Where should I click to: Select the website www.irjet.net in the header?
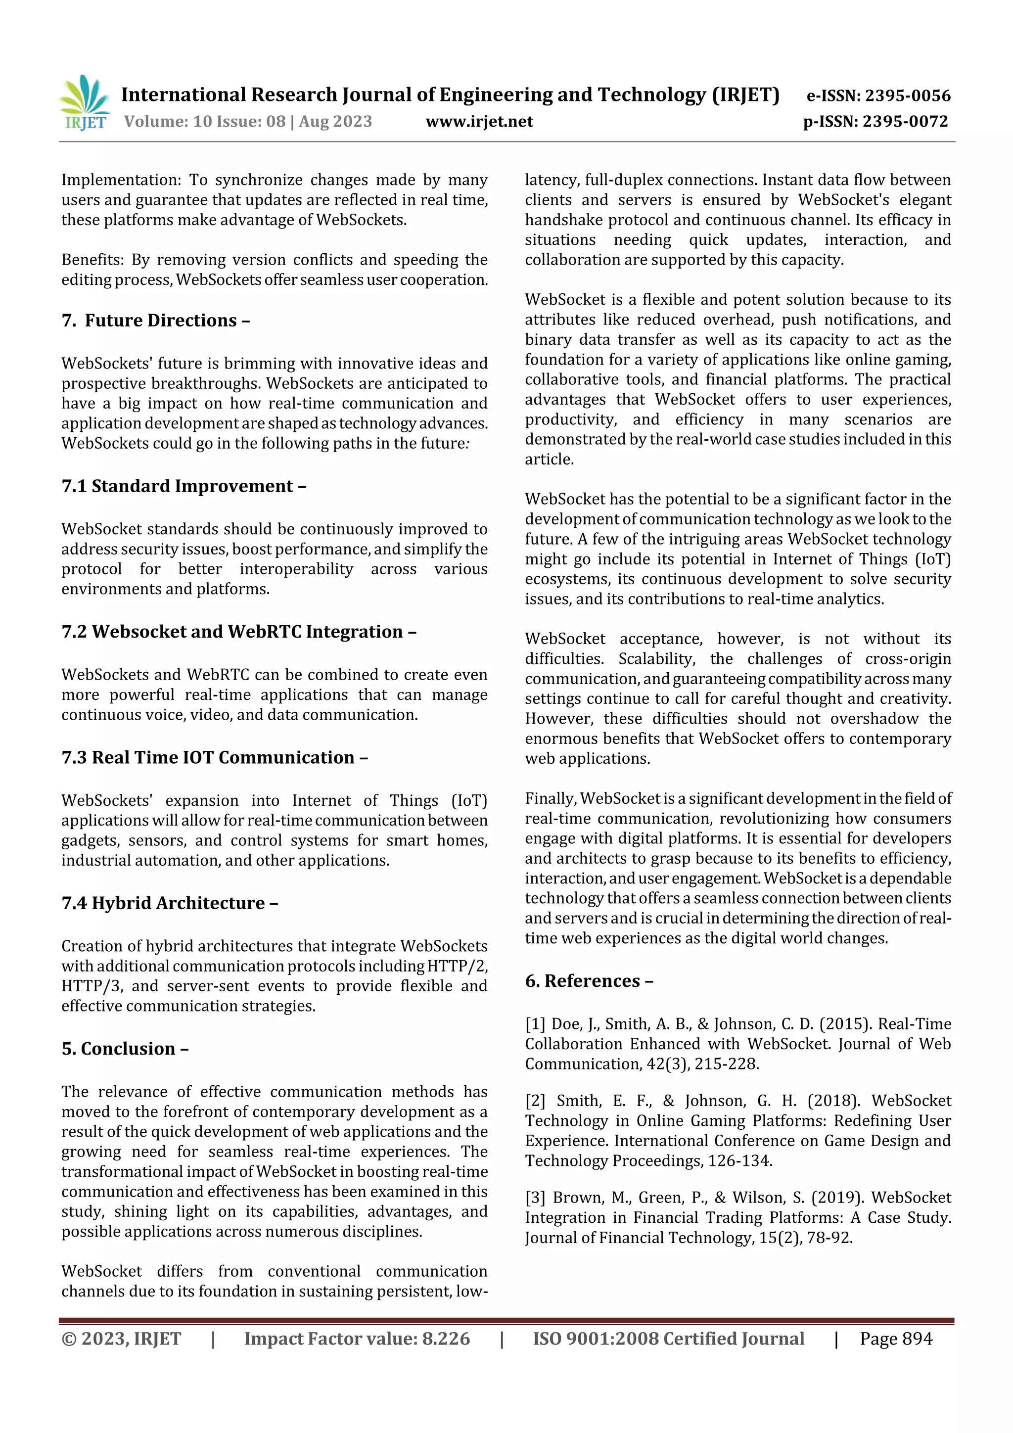pos(479,121)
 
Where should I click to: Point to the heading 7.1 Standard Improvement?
pos(184,486)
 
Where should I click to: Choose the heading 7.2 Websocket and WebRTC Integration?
pos(238,632)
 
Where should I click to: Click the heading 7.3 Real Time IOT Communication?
pos(214,757)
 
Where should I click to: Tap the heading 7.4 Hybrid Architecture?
pos(169,903)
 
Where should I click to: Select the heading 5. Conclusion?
pos(125,1049)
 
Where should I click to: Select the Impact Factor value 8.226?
pos(446,1338)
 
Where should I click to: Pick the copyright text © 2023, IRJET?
pos(121,1338)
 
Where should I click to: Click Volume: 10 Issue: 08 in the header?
pos(204,121)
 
